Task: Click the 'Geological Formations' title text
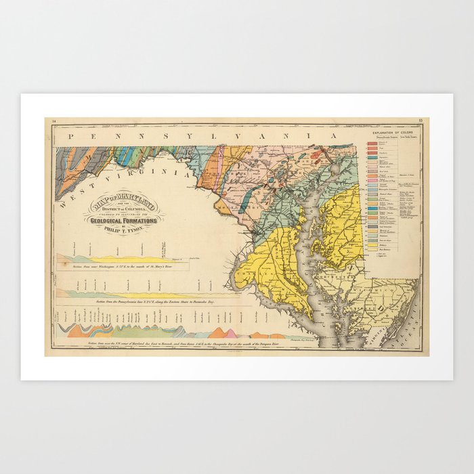(122, 220)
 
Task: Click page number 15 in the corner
(421, 121)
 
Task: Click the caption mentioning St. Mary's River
(122, 267)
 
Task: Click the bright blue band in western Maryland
(125, 156)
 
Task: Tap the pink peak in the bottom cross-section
(231, 332)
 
